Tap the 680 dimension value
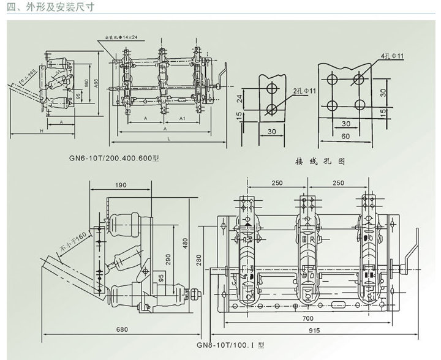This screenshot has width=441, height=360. click(x=122, y=330)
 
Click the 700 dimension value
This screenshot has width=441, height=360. click(x=308, y=318)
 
